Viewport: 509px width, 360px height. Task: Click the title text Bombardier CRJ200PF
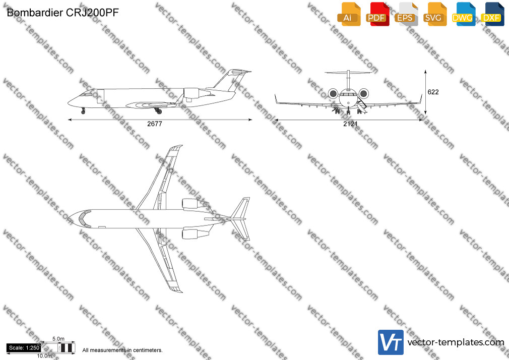(x=62, y=13)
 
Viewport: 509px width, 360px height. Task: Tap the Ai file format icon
(x=349, y=14)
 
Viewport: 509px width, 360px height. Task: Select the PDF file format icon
(x=377, y=14)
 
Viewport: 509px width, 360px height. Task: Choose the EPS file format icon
(x=406, y=14)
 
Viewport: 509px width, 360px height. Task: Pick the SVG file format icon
(x=434, y=14)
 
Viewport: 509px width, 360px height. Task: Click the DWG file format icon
(x=464, y=14)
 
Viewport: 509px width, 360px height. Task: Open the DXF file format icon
(x=492, y=14)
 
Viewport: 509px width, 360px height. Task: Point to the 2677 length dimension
(x=155, y=124)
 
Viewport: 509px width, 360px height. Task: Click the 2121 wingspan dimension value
(x=350, y=124)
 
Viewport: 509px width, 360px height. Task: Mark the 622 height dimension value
(x=433, y=92)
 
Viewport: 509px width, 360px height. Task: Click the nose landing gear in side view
(x=83, y=110)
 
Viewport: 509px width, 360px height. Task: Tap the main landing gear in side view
(x=158, y=110)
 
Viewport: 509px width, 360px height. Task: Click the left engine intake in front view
(x=333, y=94)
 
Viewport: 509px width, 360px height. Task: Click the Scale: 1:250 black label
(x=24, y=348)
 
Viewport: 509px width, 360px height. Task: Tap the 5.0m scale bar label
(x=58, y=339)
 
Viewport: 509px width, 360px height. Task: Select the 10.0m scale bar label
(x=44, y=356)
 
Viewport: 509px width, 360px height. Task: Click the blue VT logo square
(x=391, y=342)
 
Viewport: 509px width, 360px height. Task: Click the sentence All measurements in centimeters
(x=122, y=350)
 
